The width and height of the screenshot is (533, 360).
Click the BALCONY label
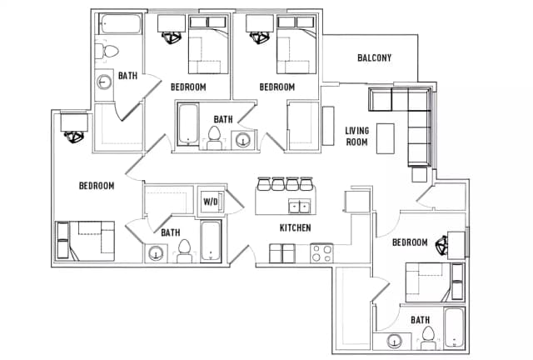point(374,57)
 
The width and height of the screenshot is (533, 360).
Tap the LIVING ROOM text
point(357,136)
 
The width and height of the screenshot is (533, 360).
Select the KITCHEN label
point(295,227)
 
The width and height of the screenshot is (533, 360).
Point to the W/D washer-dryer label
point(210,202)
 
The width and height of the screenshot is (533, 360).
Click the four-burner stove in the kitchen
point(321,253)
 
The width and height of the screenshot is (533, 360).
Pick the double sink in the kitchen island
point(299,206)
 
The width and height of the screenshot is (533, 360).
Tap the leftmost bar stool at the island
point(264,183)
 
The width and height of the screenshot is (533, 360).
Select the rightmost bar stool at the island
point(306,183)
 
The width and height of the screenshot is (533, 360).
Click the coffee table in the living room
point(385,138)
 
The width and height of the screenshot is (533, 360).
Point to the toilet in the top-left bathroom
point(107,52)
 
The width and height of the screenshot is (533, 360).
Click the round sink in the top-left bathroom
point(104,82)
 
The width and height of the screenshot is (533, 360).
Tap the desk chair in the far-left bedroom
point(74,137)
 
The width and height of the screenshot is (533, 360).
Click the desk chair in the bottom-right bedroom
point(442,245)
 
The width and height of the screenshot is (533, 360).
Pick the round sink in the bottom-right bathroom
point(394,342)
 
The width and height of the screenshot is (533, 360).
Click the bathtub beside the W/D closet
point(211,241)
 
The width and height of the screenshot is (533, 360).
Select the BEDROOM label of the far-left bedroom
point(97,186)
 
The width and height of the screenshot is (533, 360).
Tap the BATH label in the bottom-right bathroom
point(420,320)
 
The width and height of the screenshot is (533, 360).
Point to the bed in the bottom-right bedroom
point(435,282)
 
